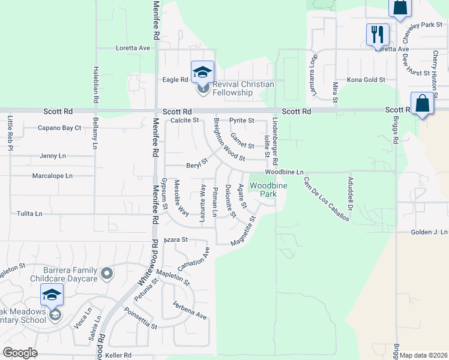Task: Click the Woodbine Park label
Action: point(268,190)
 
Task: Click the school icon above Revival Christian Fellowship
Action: point(203,73)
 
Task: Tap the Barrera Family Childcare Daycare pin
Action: point(107,274)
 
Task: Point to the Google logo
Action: point(20,353)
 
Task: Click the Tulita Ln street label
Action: point(29,214)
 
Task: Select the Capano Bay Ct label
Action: point(59,128)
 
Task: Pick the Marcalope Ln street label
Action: point(52,176)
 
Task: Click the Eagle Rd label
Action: point(176,80)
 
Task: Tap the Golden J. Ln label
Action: point(429,232)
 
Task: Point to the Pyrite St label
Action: point(242,121)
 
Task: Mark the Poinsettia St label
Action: point(140,319)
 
